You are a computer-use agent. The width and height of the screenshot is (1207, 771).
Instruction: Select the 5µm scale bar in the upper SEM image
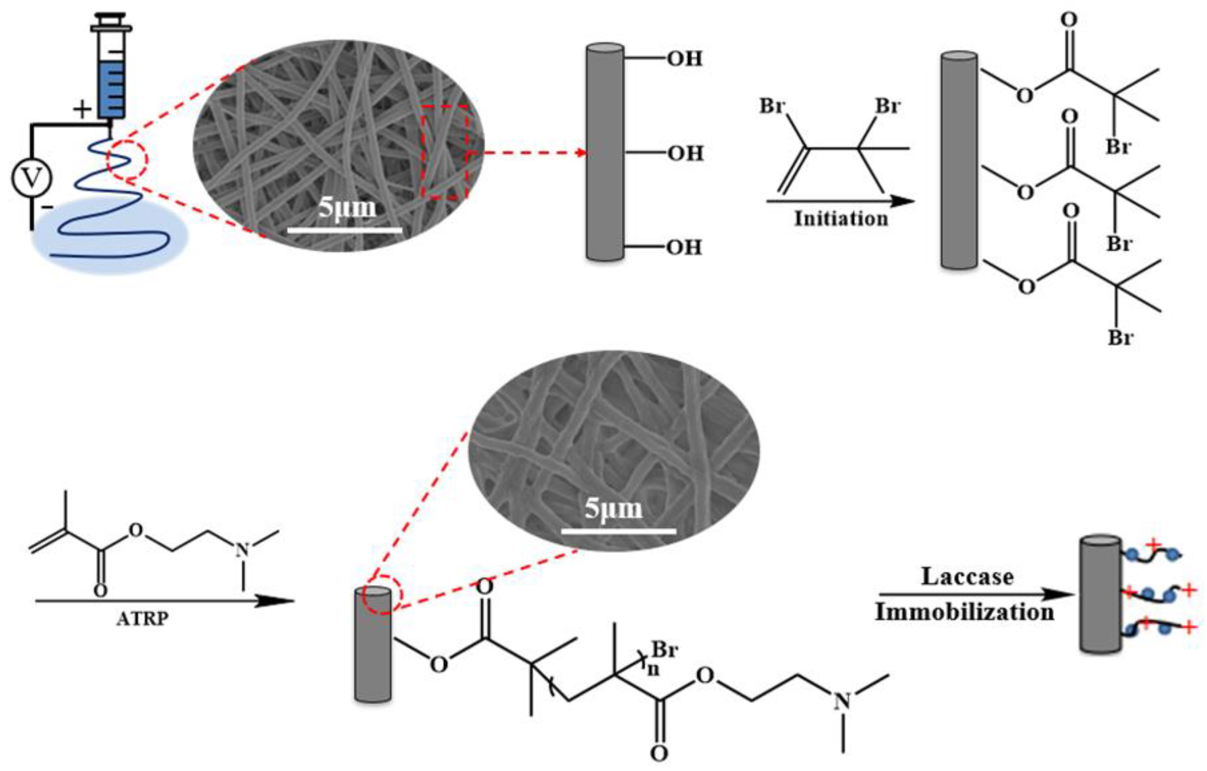[x=345, y=230]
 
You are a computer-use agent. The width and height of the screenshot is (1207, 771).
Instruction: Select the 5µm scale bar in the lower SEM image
[x=618, y=531]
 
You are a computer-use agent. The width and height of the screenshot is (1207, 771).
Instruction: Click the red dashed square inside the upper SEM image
[x=444, y=152]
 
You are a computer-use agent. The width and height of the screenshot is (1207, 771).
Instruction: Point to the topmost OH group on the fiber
[x=685, y=59]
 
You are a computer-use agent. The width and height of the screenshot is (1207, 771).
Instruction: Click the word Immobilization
[x=964, y=612]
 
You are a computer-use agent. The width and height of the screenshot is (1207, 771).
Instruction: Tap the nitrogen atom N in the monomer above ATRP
[x=243, y=550]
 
